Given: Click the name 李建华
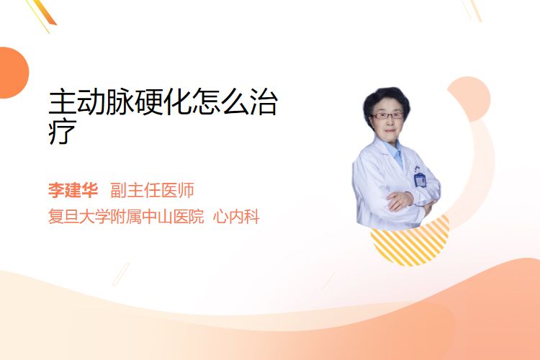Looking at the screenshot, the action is (x=73, y=191).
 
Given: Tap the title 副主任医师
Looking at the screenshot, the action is (x=152, y=191).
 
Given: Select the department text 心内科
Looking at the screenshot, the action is (x=236, y=217).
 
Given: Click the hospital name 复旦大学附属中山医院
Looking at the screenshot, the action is (x=126, y=217).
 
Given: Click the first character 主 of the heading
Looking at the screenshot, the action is (x=62, y=102).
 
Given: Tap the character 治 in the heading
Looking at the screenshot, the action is (x=264, y=102).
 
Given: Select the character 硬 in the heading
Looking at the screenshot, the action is (x=149, y=102).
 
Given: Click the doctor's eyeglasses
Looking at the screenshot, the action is (x=387, y=116).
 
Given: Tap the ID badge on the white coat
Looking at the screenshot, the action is (x=420, y=179).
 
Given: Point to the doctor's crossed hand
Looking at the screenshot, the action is (x=400, y=200).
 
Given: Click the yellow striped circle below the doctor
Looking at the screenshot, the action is (x=410, y=243).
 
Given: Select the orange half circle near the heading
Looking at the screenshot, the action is (x=14, y=73).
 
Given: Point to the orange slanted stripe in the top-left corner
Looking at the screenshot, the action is (x=44, y=12).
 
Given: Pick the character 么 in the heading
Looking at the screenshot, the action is (x=235, y=102).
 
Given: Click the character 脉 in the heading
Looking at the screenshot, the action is (x=120, y=102).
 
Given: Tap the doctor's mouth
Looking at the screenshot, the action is (x=390, y=130).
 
